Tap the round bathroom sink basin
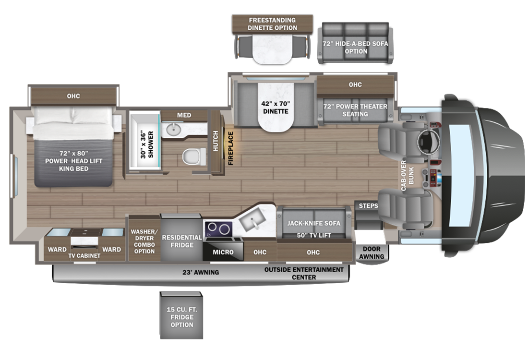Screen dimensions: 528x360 pos(173,128)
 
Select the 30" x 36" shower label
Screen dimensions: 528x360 pos(147,145)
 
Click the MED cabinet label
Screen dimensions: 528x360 pos(184,115)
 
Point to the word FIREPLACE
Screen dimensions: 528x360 pos(231,148)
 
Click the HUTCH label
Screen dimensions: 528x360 pos(216,141)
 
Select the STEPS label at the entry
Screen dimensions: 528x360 pos(368,206)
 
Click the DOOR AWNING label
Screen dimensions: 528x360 pos(372,252)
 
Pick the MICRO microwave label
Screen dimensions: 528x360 pos(223,252)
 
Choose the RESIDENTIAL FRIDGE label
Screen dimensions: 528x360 pos(182,241)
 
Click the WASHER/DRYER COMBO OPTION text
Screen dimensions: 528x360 pos(144,241)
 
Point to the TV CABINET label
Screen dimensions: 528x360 pos(84,256)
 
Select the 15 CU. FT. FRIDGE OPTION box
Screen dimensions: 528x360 pos(181,315)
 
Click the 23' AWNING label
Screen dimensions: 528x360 pos(201,272)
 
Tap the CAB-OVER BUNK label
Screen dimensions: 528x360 pos(408,176)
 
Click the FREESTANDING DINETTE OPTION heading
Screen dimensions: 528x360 pos(273,24)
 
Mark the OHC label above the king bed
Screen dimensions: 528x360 pos(73,96)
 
